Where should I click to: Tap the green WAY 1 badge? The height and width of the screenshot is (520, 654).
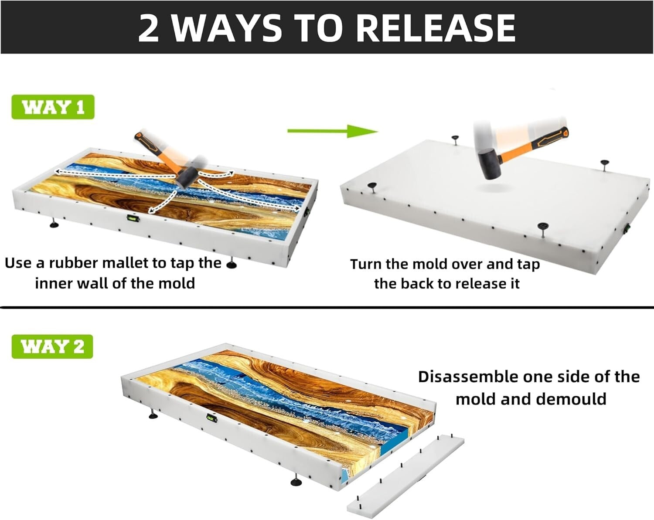pos(53,107)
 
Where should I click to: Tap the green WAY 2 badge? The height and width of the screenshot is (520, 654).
pos(52,347)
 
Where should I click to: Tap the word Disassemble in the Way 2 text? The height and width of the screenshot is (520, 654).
pos(467,377)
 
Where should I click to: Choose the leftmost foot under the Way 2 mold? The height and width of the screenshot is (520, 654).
pos(153,414)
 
